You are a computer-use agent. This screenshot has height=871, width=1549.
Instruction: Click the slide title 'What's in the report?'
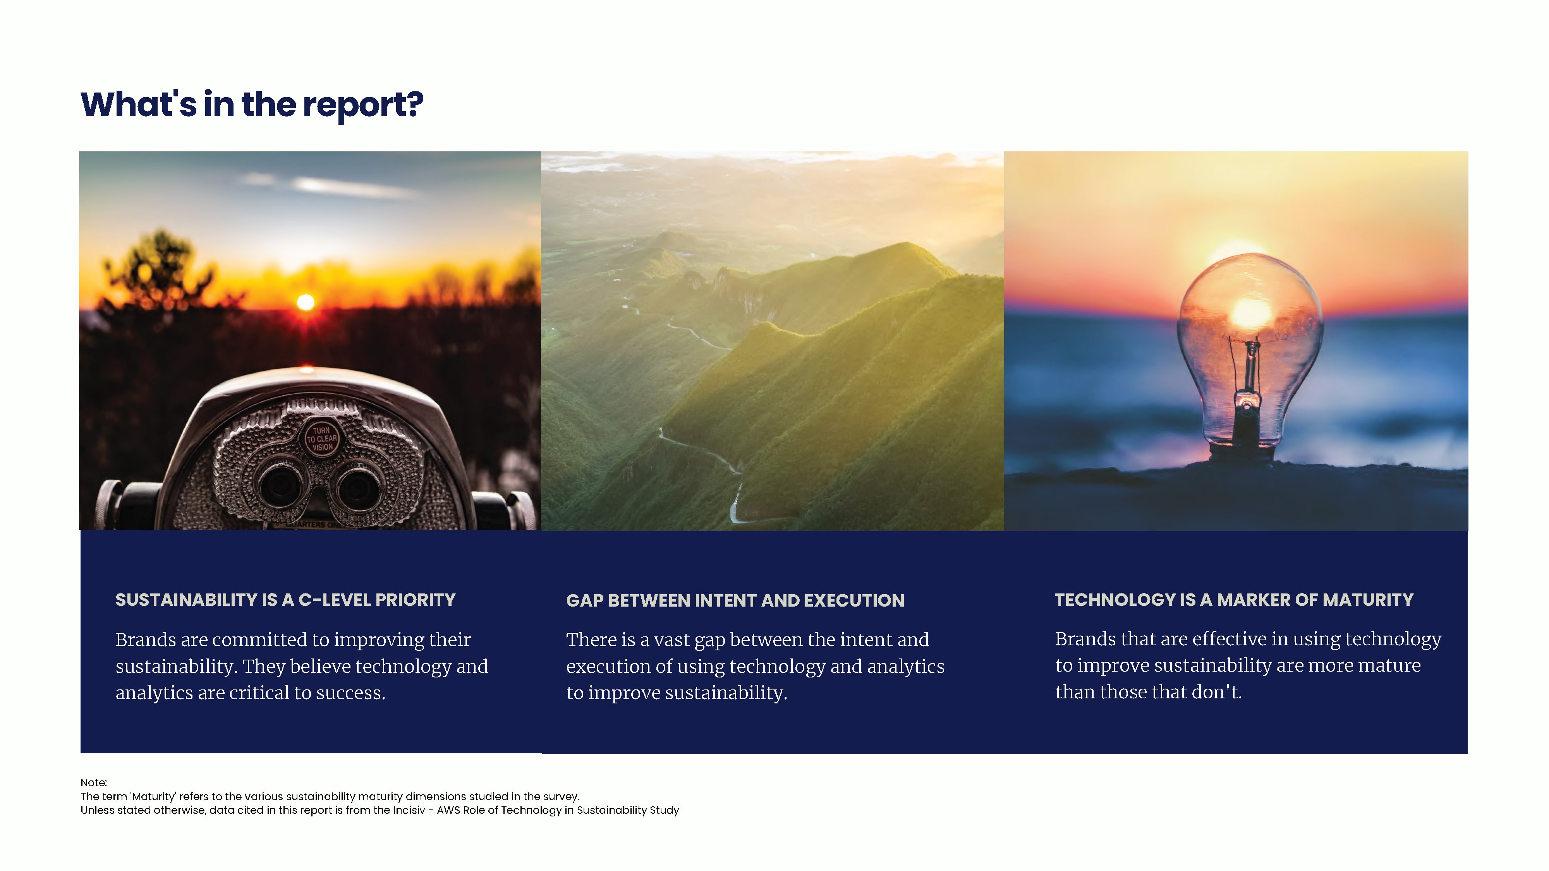[252, 105]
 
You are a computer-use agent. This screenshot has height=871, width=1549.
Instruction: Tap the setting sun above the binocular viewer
[306, 302]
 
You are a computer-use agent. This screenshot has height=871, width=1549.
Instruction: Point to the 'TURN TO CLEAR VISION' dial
[322, 438]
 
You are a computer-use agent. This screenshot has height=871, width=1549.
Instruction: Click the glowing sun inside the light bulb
[1252, 311]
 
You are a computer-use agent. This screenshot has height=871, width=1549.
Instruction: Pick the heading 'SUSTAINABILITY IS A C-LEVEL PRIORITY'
[286, 600]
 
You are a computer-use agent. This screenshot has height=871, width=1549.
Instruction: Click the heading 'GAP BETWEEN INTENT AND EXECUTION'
[735, 600]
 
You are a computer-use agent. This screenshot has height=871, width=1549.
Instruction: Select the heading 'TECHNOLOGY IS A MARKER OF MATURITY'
[1234, 600]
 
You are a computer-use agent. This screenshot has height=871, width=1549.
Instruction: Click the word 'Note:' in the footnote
[94, 783]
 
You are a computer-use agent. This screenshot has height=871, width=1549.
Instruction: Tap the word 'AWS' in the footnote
[448, 810]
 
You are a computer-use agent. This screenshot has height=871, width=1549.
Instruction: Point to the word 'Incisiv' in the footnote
[409, 810]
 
